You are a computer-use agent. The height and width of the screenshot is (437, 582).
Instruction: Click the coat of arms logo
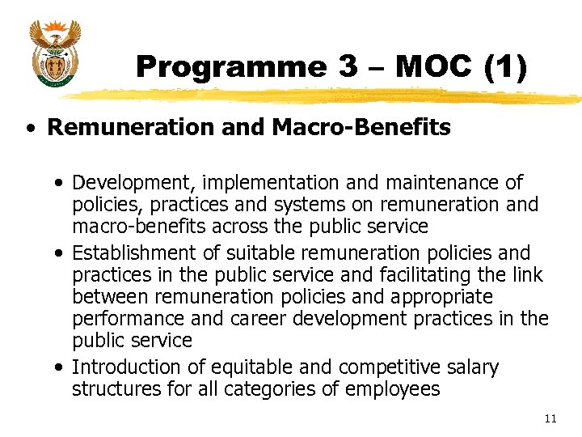click(x=54, y=54)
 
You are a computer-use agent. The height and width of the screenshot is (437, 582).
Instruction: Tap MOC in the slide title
click(x=432, y=67)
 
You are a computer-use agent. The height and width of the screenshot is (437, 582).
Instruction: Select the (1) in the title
click(x=504, y=67)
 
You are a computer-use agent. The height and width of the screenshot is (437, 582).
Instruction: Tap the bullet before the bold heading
click(x=30, y=128)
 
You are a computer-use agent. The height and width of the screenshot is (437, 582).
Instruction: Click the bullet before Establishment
click(x=62, y=253)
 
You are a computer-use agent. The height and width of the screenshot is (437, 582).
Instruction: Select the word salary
click(x=470, y=367)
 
